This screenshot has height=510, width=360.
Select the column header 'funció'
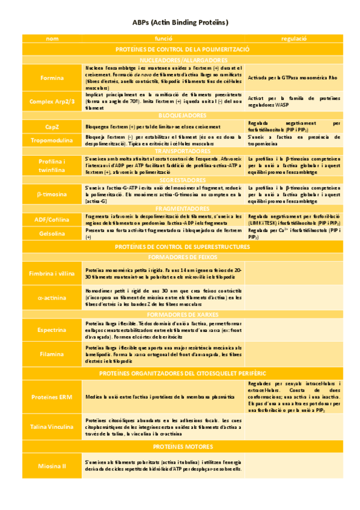(163, 38)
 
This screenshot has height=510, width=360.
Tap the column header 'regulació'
(294, 38)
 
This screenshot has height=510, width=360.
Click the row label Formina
(52, 78)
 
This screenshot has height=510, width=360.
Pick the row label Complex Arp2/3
(52, 101)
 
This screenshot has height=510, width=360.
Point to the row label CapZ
(52, 127)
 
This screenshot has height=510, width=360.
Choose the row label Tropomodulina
(52, 140)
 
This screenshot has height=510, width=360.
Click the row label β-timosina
(52, 195)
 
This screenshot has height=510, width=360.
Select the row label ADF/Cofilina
(52, 220)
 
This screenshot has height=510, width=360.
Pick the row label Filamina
(52, 355)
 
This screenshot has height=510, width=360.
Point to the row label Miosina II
(52, 465)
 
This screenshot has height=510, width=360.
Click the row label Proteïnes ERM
(52, 398)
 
